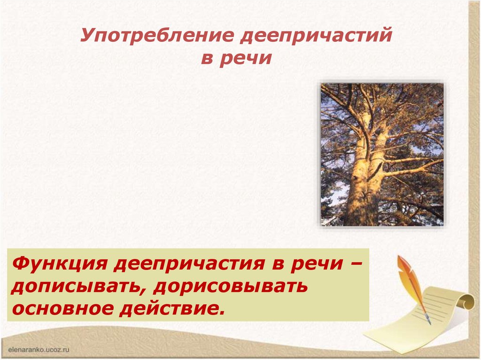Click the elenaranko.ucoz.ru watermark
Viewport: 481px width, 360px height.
click(x=39, y=349)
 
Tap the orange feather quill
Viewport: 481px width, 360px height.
click(x=408, y=277)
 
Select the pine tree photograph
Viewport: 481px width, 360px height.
click(x=382, y=154)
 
